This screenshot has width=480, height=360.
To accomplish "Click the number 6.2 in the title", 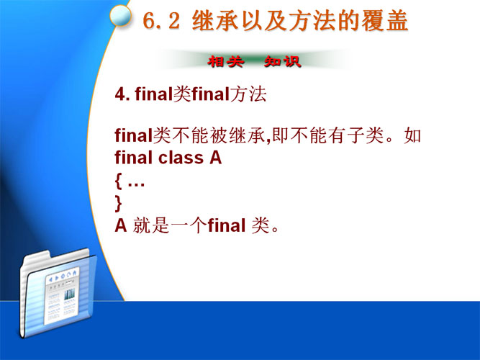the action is click(161, 21).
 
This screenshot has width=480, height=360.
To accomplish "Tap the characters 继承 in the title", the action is click(215, 21).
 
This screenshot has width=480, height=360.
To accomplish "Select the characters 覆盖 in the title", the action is click(385, 21).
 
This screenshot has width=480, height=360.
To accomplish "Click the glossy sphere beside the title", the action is click(121, 15).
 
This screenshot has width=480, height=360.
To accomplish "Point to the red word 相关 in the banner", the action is click(226, 62).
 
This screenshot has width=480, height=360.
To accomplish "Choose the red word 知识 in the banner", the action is click(283, 62).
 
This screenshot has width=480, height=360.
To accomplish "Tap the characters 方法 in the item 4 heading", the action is click(248, 94).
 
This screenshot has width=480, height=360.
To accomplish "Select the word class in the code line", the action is click(181, 158).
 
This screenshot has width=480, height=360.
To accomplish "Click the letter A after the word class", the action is click(215, 158).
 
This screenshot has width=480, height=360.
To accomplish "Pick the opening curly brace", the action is click(118, 181).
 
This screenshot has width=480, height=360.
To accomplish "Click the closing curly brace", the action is click(118, 204).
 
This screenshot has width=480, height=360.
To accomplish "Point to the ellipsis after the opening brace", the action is click(136, 184).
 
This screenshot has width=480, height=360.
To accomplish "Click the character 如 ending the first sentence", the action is click(412, 135).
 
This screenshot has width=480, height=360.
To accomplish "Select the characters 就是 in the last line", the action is click(151, 226).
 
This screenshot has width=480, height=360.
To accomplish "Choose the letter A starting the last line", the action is click(121, 226).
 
